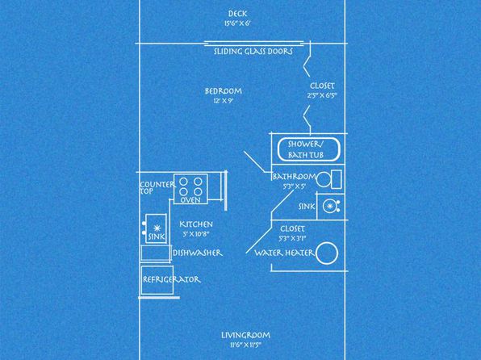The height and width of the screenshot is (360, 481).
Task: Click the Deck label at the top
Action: click(x=237, y=14)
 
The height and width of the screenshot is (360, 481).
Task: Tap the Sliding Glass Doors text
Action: click(x=253, y=51)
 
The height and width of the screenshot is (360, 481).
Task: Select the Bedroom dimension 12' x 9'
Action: click(x=224, y=101)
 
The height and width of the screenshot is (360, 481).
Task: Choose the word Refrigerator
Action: click(x=171, y=279)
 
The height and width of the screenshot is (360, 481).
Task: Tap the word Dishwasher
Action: click(x=198, y=253)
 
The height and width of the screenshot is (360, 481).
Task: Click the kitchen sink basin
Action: click(x=157, y=228)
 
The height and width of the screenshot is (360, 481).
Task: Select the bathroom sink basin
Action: click(x=330, y=207)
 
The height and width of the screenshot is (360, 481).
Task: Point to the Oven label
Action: click(x=190, y=200)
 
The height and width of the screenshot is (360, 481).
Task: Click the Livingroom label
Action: click(x=245, y=335)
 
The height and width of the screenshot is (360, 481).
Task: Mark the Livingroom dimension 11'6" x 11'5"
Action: click(x=245, y=345)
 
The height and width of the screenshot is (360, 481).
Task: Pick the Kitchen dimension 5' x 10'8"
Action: click(x=196, y=234)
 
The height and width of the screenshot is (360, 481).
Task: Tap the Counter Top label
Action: click(x=157, y=188)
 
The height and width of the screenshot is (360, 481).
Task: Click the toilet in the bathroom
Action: click(x=329, y=179)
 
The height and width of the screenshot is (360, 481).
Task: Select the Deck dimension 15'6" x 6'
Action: click(x=238, y=23)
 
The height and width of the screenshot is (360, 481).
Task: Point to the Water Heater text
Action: click(x=285, y=253)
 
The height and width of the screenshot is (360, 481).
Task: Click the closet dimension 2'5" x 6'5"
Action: click(x=322, y=95)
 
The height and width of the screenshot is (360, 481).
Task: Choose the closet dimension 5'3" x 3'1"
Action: click(x=293, y=238)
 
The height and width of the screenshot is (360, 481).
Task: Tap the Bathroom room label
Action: click(x=295, y=177)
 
